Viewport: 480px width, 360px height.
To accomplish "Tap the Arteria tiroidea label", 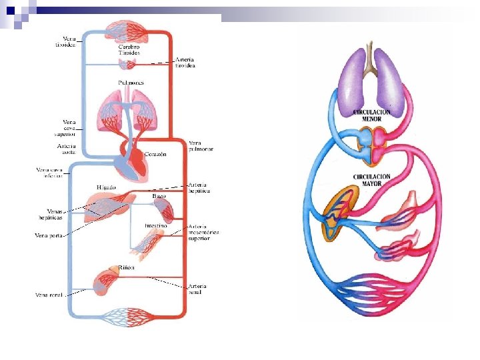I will tap(185, 63).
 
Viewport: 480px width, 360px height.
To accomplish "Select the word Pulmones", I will tap(131, 83).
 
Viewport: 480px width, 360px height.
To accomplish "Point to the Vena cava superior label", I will tap(69, 127).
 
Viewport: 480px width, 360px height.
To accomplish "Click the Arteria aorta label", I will tap(66, 149).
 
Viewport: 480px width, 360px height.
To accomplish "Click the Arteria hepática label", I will tap(199, 187).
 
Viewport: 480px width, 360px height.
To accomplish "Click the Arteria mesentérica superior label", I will tap(203, 231).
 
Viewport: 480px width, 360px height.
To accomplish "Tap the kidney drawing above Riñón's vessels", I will tap(106, 280).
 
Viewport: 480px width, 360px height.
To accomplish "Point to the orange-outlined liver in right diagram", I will tap(339, 213).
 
